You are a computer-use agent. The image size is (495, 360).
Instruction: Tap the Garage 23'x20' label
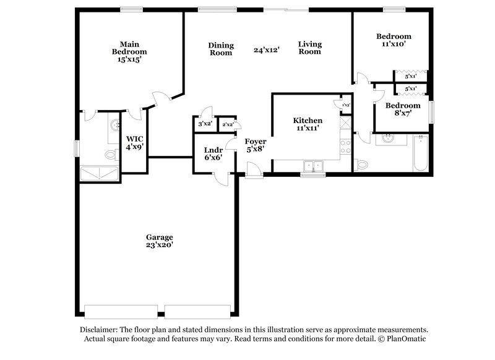(159, 241)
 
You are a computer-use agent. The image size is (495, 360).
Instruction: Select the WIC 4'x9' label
(134, 143)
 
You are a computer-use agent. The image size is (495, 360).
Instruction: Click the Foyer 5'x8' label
(256, 145)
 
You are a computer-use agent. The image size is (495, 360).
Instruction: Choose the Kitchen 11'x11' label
(308, 124)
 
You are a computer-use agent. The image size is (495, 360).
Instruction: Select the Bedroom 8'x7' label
(403, 109)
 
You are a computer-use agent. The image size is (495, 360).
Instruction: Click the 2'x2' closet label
(227, 124)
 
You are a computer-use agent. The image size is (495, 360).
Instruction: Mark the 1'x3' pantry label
(346, 105)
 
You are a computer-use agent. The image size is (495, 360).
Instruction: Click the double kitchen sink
(314, 165)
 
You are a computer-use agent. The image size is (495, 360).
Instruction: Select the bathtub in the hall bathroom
(421, 153)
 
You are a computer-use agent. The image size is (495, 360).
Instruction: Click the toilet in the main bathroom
(111, 154)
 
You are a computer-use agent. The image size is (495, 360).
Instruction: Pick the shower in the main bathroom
(100, 173)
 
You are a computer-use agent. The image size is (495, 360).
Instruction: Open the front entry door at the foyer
(252, 169)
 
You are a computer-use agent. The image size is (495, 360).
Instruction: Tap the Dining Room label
(220, 49)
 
